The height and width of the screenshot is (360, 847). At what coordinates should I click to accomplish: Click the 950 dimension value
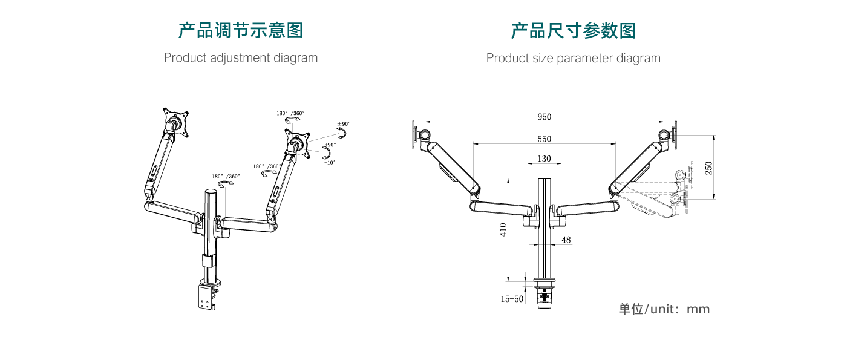pos(544,117)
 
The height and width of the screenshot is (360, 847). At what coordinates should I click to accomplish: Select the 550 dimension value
pos(544,139)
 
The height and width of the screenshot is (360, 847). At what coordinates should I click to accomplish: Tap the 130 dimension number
pos(544,159)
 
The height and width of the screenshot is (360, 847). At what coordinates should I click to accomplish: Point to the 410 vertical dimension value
pos(503,229)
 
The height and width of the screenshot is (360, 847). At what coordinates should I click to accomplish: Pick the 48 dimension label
pos(566,240)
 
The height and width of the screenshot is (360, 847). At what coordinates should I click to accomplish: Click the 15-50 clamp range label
pos(512,299)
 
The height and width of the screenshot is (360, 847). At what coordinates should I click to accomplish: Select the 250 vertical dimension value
pos(708,168)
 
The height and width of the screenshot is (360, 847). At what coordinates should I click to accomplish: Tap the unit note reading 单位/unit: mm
pos(664,309)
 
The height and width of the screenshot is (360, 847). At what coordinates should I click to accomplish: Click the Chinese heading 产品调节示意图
pos(241,30)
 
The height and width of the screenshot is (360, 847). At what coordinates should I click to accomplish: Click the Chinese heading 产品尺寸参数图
pos(573,30)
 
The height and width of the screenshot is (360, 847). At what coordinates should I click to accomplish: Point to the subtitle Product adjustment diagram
pos(241,58)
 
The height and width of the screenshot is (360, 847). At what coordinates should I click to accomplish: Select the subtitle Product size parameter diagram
pos(573,58)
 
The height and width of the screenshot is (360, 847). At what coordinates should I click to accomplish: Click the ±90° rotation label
pos(344,124)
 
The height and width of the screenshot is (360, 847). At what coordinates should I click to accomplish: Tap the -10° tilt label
pos(330,162)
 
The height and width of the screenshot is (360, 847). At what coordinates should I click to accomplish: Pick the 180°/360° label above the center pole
pos(226,177)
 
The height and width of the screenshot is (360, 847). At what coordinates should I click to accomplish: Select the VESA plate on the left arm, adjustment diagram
pos(175,123)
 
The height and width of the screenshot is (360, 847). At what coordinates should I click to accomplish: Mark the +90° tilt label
pos(330,145)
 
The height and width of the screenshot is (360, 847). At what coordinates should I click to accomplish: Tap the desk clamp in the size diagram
pos(544,296)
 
